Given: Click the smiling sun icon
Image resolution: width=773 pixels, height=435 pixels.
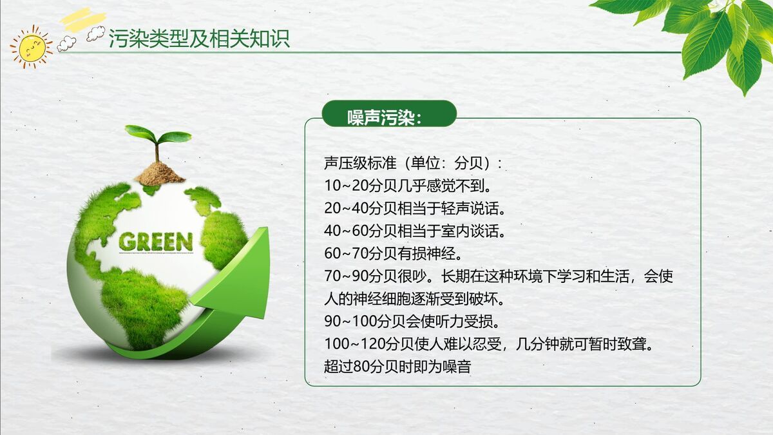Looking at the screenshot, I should click(x=30, y=46).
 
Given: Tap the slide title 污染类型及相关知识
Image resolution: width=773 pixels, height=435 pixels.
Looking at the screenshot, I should click(x=199, y=38).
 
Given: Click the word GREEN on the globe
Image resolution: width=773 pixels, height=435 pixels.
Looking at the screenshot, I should click(x=156, y=242).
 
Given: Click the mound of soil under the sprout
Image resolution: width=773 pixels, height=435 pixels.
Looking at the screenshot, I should click(x=159, y=173).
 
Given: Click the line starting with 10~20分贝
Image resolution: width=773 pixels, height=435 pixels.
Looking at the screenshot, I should click(x=408, y=186).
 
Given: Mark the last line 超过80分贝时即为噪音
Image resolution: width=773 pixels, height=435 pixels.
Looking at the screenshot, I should click(x=397, y=367).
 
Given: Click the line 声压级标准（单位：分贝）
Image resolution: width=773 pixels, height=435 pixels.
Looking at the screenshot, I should click(x=412, y=163).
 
